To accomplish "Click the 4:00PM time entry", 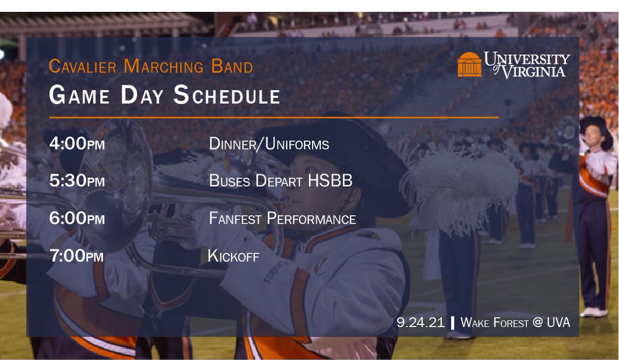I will (77, 143).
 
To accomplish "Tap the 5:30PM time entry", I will (77, 181).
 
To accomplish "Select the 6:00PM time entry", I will (77, 219).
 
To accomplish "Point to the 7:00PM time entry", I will (77, 256).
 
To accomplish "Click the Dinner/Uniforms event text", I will (269, 144).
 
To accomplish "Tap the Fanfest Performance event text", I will (282, 219).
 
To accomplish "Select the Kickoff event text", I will (233, 256).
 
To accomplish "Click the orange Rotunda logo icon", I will (469, 64).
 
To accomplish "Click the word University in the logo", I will (527, 58).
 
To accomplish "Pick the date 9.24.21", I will (420, 323).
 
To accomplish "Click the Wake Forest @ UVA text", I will (515, 323).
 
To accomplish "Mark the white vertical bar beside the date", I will (452, 323).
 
